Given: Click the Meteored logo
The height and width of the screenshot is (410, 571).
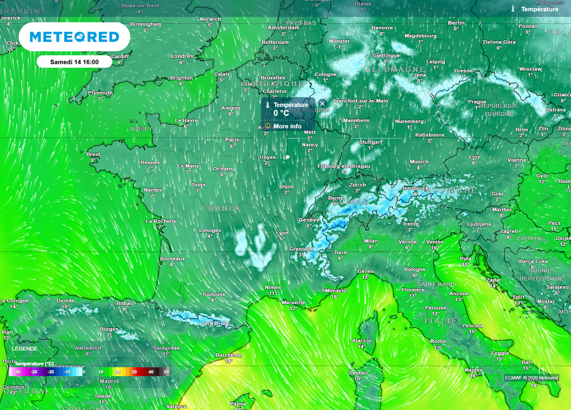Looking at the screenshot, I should (x=74, y=37).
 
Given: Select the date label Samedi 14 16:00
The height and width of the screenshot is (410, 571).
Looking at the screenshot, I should (x=74, y=62).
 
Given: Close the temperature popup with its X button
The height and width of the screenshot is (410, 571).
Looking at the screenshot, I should (x=322, y=104).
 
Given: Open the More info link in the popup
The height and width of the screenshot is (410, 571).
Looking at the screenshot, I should (x=287, y=126).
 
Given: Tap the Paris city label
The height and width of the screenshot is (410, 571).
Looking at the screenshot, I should (x=232, y=140).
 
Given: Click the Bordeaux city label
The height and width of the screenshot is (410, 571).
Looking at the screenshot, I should (x=172, y=259).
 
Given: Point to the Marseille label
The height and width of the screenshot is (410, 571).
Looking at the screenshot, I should (x=293, y=302).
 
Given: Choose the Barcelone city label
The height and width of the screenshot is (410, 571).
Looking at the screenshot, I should (x=229, y=355).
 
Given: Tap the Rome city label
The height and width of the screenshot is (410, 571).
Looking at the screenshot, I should (x=438, y=341).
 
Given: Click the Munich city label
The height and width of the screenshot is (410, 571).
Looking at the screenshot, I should (x=419, y=162).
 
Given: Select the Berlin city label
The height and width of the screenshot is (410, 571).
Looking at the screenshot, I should (x=456, y=23).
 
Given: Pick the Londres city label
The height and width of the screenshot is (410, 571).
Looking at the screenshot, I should (x=182, y=56).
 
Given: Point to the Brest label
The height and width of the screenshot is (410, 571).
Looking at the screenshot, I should (x=93, y=154).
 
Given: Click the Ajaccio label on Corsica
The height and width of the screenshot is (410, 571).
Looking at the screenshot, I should (x=361, y=340).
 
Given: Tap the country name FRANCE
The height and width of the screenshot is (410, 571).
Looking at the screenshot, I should (x=222, y=208).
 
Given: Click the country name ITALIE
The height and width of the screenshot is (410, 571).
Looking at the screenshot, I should (x=441, y=321).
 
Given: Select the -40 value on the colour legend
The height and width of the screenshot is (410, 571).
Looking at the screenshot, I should (x=17, y=372).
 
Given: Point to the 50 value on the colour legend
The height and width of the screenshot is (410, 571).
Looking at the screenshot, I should (x=166, y=372).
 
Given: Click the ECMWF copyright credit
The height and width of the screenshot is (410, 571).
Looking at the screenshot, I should (x=531, y=378).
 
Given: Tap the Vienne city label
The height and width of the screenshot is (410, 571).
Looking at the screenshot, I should (x=516, y=160).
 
